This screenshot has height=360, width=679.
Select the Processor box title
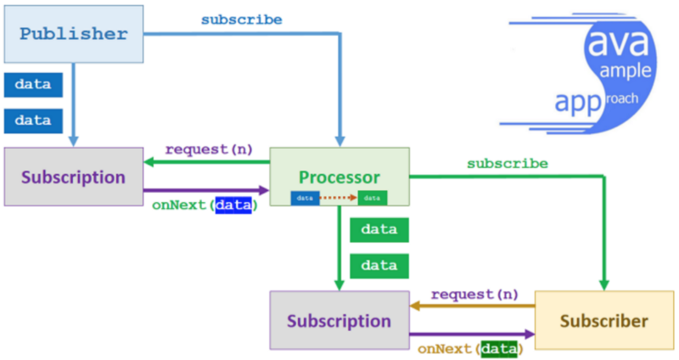click(339, 177)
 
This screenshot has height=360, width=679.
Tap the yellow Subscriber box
click(603, 321)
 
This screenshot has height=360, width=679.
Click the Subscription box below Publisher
click(73, 177)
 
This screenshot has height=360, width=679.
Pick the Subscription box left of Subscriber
click(339, 321)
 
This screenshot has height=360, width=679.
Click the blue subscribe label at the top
click(242, 19)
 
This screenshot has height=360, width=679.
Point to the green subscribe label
click(508, 163)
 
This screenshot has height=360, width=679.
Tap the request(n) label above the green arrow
click(209, 149)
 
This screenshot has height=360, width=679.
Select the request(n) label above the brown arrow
click(474, 294)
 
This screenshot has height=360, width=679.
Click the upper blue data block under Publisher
click(33, 85)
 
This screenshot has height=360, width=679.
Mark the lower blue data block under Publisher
click(33, 120)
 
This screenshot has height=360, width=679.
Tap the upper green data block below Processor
click(379, 230)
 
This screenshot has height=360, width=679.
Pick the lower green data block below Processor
click(379, 265)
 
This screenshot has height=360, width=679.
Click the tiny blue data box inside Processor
click(306, 198)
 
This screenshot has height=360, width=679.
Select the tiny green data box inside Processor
click(372, 198)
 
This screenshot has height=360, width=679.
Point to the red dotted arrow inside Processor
click(339, 198)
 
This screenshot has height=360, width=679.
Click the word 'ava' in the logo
click(607, 38)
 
